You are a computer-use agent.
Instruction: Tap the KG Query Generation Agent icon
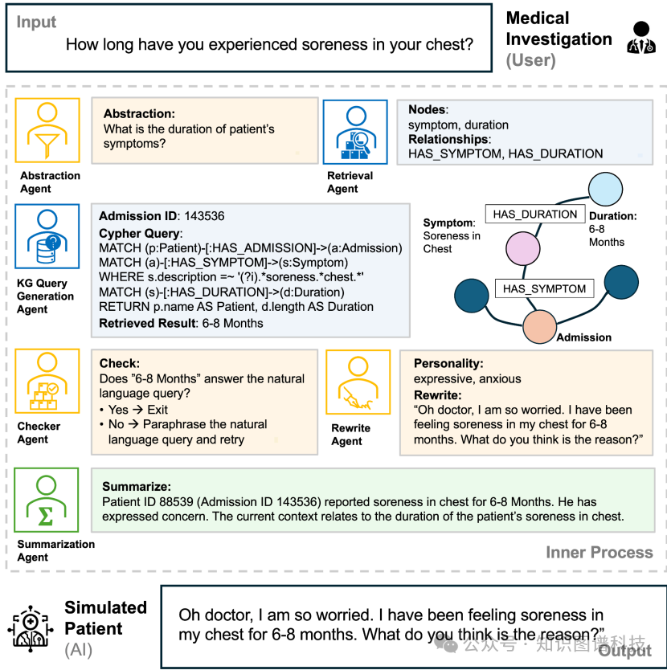[x=47, y=236]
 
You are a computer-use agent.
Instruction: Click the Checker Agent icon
[x=47, y=380]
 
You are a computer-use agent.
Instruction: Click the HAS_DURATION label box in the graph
[x=535, y=214]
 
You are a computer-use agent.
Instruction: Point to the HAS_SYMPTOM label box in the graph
[x=544, y=288]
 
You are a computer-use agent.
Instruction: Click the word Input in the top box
[x=37, y=22]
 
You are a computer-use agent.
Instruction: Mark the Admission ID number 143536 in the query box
[x=205, y=216]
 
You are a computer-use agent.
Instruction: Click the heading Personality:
[x=449, y=364]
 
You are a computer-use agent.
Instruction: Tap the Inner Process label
[x=599, y=552]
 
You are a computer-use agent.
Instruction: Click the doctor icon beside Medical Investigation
[x=639, y=38]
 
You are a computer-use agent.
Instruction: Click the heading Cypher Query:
[x=141, y=234]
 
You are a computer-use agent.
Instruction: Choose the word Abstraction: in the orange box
[x=139, y=114]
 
